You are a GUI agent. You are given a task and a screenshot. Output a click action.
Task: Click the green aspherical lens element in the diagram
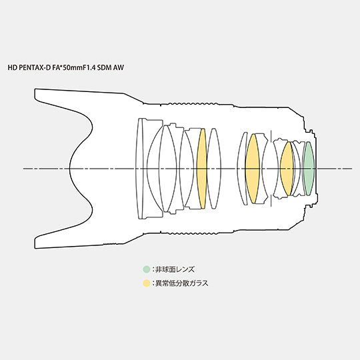309,169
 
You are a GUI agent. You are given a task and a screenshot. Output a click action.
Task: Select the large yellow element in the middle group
253,169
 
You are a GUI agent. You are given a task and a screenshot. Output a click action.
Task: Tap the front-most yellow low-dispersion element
202,169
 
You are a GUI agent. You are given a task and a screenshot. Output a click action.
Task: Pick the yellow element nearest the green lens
287,169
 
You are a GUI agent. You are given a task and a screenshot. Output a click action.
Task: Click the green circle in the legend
146,269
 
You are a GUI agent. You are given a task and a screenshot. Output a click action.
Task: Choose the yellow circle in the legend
146,283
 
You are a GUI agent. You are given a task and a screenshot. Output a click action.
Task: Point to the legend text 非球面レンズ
175,269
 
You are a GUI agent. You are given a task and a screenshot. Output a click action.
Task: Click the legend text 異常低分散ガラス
182,283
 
